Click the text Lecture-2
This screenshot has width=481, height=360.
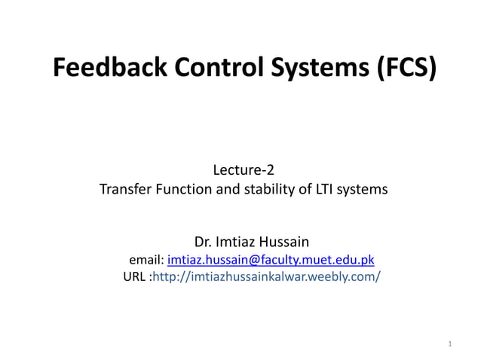244,169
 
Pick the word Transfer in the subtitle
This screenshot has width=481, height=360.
125,190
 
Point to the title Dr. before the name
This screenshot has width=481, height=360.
204,243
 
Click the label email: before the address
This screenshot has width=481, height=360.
147,261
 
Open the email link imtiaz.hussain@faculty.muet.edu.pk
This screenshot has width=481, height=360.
271,261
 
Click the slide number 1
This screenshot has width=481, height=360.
449,344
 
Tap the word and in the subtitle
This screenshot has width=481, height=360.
228,190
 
